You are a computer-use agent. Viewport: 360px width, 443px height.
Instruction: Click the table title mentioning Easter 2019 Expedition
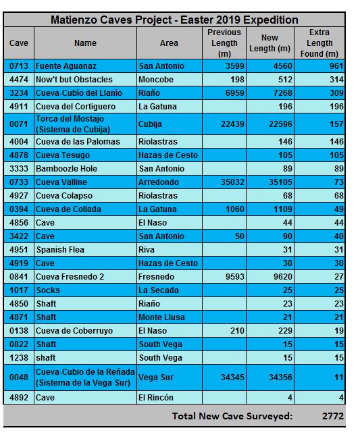point(174,20)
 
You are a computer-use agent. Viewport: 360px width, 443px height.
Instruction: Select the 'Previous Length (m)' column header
point(224,43)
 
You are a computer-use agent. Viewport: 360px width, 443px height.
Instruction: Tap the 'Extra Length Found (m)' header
point(319,43)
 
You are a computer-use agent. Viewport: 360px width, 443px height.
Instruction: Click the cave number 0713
point(19,66)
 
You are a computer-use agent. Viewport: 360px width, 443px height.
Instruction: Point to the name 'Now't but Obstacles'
point(74,80)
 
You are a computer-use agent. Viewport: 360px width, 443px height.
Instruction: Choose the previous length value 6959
point(235,93)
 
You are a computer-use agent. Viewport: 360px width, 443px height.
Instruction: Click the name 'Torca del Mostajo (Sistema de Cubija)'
point(73,124)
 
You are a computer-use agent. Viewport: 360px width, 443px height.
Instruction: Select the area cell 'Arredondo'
point(159,182)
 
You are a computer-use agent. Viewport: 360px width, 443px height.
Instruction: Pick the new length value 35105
point(280,182)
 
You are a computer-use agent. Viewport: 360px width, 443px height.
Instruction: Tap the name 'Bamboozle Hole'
point(66,169)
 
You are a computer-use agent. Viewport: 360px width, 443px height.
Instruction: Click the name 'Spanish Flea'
point(60,250)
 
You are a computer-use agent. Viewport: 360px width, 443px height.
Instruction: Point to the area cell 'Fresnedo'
point(156,277)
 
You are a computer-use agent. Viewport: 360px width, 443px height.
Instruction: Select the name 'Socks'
point(48,290)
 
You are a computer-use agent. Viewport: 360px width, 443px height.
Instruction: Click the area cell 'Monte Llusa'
point(161,317)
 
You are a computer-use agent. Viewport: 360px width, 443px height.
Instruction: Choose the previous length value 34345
point(232,377)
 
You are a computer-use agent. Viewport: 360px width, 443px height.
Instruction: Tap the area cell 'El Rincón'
point(156,398)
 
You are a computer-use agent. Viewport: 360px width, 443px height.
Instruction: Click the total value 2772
point(333,416)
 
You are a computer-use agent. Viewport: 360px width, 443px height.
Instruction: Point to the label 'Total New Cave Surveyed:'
point(232,416)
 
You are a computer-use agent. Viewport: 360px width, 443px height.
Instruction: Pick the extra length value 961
point(336,66)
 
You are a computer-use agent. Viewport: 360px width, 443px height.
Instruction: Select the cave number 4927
point(19,196)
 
